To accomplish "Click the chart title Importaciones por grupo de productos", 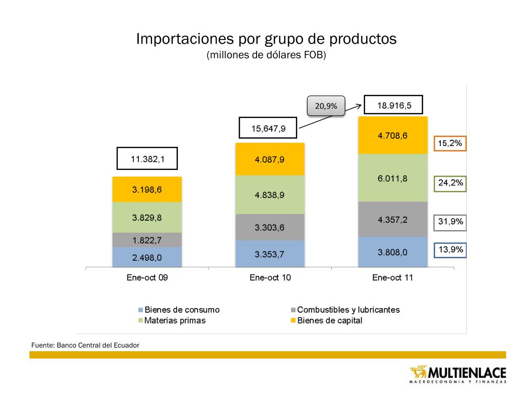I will pos(266,39).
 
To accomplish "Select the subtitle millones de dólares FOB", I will pos(266,55).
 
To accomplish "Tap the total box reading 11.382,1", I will pos(147,159).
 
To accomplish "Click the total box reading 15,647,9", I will pos(269,128).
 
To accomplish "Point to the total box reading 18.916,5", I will pos(394,105).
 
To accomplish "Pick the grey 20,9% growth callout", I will pos(326,105).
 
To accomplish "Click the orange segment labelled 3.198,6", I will pos(147,190).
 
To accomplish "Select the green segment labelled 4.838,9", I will pos(270,195).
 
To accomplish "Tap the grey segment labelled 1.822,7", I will pos(147,240).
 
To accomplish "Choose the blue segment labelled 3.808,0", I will pos(393,252).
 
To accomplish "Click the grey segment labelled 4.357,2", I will pos(393,219).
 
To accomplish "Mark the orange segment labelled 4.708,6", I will pos(393,136).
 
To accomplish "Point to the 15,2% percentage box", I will pos(450,143).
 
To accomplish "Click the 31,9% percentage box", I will pos(450,223).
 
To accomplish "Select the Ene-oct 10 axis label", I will pos(270,277).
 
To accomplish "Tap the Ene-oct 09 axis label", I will pos(147,277).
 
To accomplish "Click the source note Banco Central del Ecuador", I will pos(85,344).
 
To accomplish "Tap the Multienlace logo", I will pos(458,375).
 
